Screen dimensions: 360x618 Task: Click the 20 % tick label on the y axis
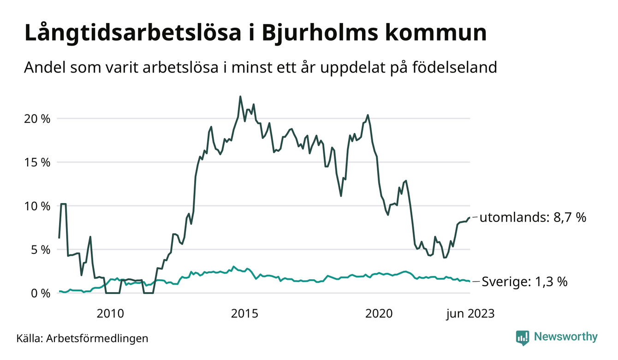pos(37,119)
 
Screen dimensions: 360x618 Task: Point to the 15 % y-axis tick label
pos(37,162)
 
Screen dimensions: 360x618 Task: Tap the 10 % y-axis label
pos(37,206)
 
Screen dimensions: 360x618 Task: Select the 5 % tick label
pos(40,250)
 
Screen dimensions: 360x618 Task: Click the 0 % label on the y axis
pos(40,293)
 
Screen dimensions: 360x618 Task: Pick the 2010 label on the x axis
pos(110,314)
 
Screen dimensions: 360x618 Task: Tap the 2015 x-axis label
pos(244,314)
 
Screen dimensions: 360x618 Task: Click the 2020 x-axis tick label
pos(379,314)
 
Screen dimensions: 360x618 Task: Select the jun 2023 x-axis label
pos(470,314)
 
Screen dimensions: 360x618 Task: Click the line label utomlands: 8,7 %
pos(533,217)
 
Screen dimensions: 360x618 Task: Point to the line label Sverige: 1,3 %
pos(524,281)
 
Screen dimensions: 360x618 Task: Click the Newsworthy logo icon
pos(522,337)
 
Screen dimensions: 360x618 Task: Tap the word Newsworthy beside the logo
pos(565,337)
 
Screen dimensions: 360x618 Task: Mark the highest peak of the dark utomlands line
pos(240,96)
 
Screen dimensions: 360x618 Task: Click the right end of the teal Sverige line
pos(469,281)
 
